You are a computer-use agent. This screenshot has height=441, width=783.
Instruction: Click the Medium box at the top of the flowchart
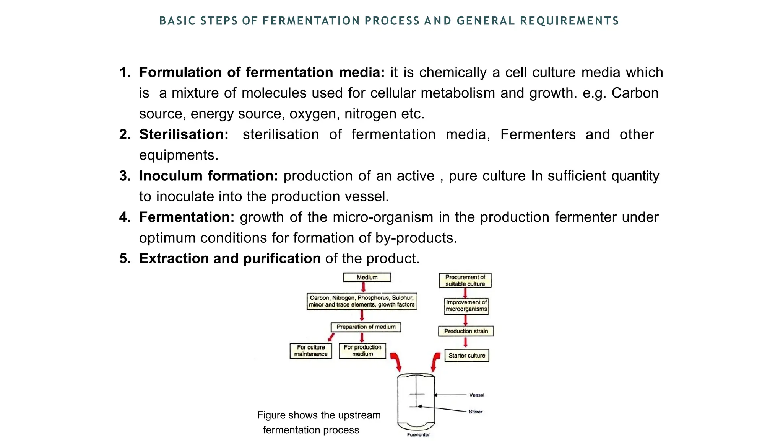[x=367, y=277]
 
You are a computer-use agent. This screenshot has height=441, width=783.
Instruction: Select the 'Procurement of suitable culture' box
[x=465, y=281]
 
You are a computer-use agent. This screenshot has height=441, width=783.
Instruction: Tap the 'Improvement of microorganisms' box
[x=466, y=306]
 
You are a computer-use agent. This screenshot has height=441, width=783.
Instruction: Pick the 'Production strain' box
[x=466, y=331]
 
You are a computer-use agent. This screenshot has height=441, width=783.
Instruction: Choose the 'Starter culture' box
[x=466, y=356]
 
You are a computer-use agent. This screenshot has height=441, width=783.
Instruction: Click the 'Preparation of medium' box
[x=366, y=327]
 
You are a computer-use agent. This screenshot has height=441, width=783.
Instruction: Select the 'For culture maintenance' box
[x=310, y=351]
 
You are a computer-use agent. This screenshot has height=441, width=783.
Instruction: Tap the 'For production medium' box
[x=362, y=351]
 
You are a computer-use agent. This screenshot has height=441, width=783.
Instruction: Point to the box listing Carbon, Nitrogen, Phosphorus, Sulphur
[x=362, y=301]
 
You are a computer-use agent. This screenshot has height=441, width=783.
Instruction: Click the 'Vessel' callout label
[x=477, y=395]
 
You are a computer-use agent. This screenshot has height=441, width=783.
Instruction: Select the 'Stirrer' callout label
[x=476, y=412]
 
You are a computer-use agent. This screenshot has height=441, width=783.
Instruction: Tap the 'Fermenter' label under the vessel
[x=418, y=435]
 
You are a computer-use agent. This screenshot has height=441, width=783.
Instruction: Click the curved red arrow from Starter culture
[x=435, y=362]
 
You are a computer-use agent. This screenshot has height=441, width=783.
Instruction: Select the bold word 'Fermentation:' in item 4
[x=187, y=217]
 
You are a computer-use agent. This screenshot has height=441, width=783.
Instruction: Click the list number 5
[x=125, y=259]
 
